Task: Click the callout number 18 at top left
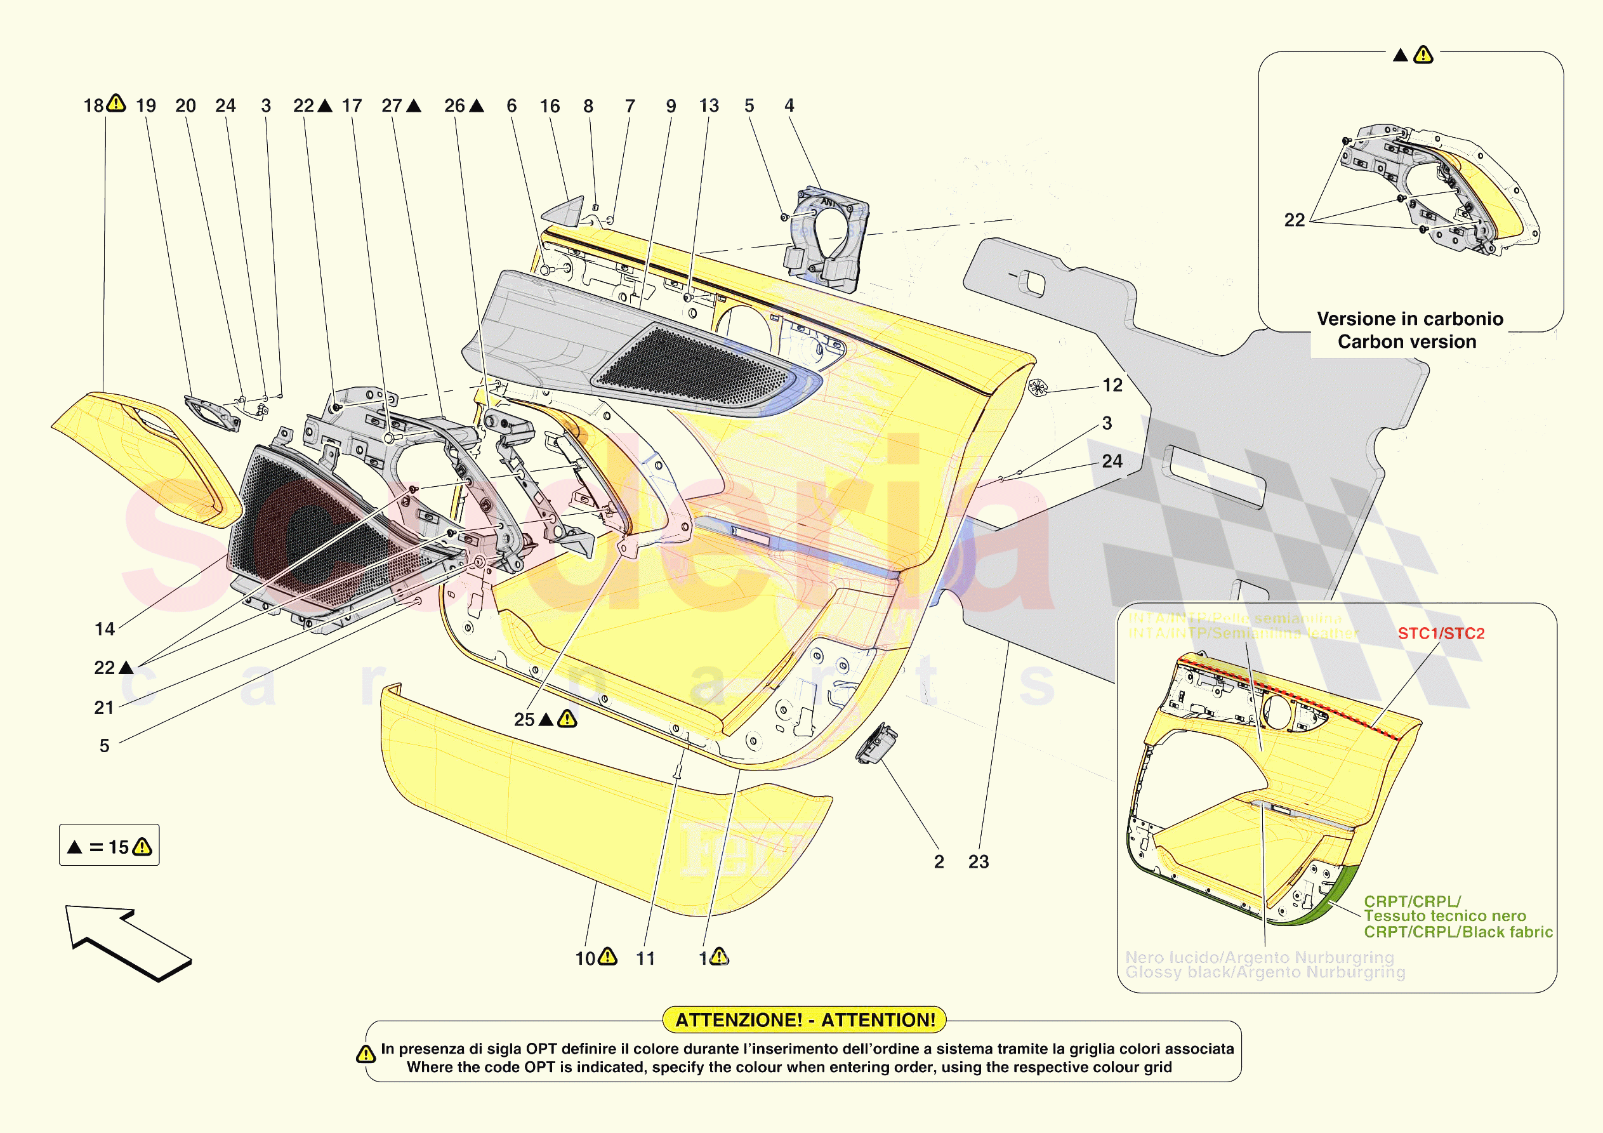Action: (x=93, y=105)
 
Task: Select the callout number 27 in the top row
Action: (x=391, y=105)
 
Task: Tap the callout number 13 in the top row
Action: (x=709, y=105)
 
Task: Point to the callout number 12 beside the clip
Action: (x=1112, y=385)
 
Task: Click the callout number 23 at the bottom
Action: (x=978, y=861)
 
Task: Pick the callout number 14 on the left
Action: (x=105, y=628)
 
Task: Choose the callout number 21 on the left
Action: (x=104, y=708)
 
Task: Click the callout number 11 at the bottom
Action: (x=646, y=958)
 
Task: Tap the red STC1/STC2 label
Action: (x=1441, y=633)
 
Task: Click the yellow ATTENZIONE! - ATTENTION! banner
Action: (x=804, y=1019)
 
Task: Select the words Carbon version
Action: (x=1406, y=341)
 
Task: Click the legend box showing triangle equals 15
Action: (x=109, y=845)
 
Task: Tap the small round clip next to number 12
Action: (x=1038, y=388)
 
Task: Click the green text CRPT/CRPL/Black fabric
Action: (x=1458, y=931)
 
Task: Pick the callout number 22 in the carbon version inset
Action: (x=1295, y=220)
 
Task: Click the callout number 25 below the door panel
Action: (x=524, y=720)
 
